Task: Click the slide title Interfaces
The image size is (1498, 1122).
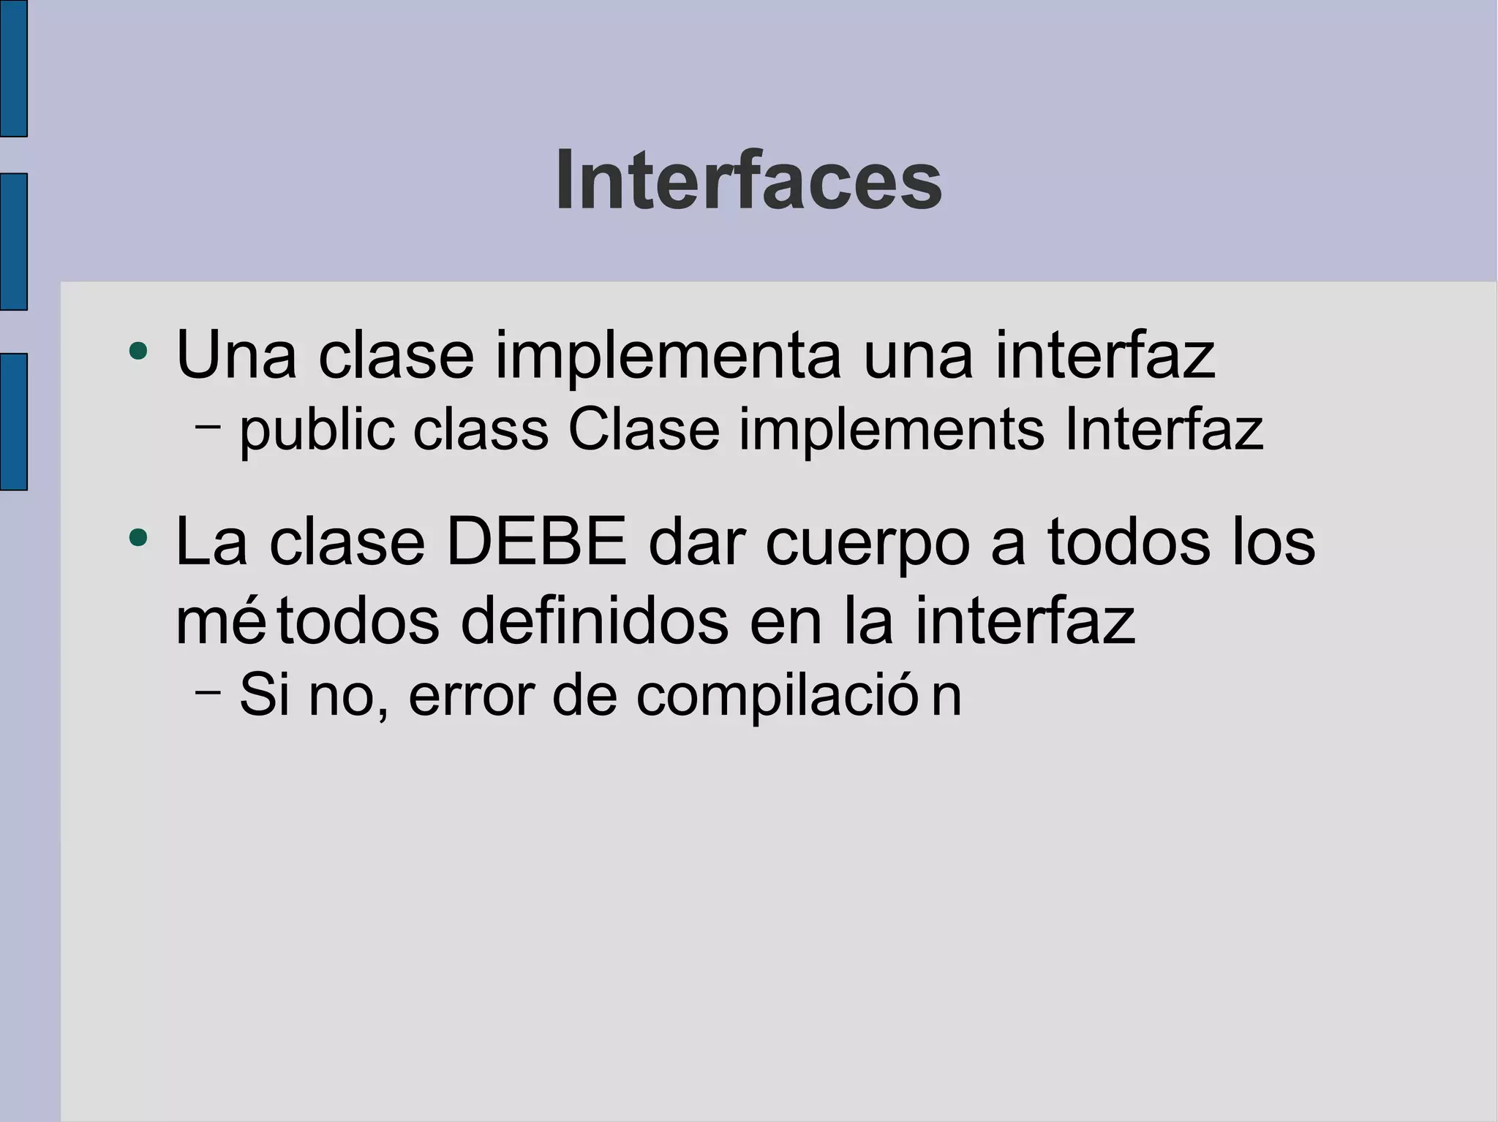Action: (x=748, y=181)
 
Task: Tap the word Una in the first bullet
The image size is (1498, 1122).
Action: (x=236, y=356)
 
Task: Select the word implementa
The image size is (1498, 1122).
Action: (x=668, y=356)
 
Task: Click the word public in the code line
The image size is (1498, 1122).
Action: (x=317, y=431)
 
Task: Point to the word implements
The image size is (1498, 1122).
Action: (x=892, y=431)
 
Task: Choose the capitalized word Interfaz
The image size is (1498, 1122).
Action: (x=1163, y=431)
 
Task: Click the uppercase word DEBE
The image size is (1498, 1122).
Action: (x=536, y=542)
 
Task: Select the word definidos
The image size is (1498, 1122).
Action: (x=595, y=622)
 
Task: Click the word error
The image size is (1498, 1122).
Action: (x=471, y=695)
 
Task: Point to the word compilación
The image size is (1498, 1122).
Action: (x=798, y=697)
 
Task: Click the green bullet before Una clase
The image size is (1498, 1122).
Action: (x=138, y=352)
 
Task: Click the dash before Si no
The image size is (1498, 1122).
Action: (x=208, y=690)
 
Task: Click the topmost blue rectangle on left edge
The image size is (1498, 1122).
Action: (x=13, y=68)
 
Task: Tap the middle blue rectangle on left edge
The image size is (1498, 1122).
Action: (x=13, y=242)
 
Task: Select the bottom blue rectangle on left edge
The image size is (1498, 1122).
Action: (x=13, y=421)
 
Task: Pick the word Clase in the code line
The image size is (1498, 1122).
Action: (x=644, y=431)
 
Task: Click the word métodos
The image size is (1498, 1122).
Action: (x=307, y=622)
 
